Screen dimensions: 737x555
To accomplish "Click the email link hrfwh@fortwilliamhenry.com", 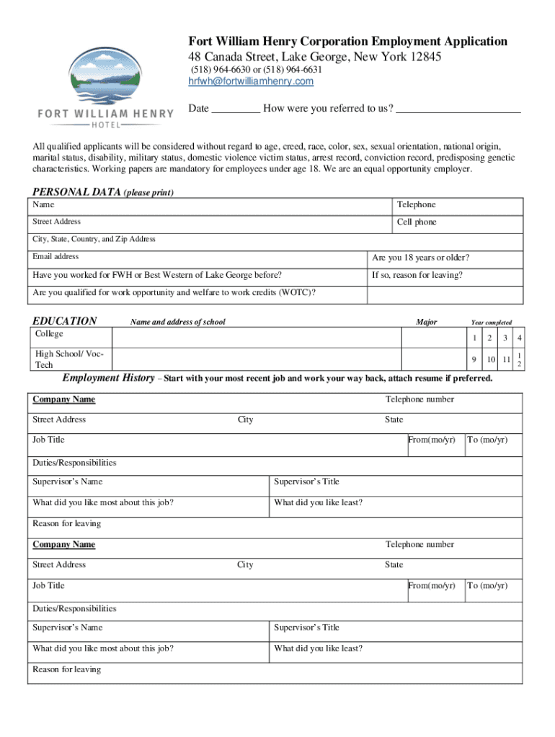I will [x=251, y=81].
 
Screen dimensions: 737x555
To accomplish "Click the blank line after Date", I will [x=236, y=109].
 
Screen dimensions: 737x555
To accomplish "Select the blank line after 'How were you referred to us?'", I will [x=458, y=109].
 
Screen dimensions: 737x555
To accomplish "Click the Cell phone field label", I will [x=417, y=222].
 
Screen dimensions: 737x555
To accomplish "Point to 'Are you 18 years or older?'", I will [x=420, y=258].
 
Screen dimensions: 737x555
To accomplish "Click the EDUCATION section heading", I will [x=65, y=321].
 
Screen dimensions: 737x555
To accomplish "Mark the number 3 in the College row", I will [x=507, y=338].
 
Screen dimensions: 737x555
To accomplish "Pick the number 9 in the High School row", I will [x=474, y=359].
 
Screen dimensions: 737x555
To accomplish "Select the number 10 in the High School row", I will [x=491, y=359].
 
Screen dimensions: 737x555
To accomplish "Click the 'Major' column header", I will [x=426, y=322].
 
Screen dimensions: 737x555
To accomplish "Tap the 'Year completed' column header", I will [x=492, y=322].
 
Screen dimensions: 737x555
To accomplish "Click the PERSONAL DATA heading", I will [x=77, y=192].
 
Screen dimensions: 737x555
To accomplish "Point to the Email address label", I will [x=55, y=257].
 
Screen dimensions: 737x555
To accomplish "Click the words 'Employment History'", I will [x=108, y=378].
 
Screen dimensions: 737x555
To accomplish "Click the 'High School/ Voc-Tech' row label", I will [x=70, y=359].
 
